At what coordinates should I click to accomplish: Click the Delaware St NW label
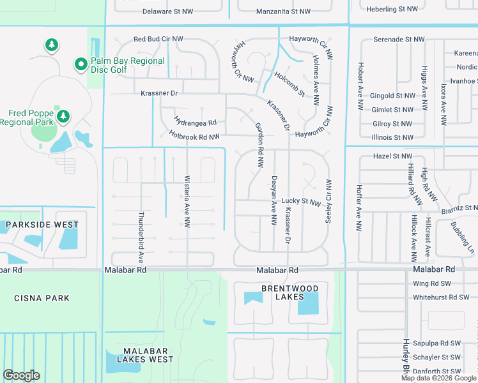coord(167,11)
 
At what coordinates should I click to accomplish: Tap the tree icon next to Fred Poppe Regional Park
coord(63,116)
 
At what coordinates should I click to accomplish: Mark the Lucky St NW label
coord(300,202)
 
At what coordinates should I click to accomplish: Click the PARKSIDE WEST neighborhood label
coord(42,225)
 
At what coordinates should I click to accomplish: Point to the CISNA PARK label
coord(42,298)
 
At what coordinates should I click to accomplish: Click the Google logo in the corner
coord(21,375)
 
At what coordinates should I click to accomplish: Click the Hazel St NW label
coord(392,156)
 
